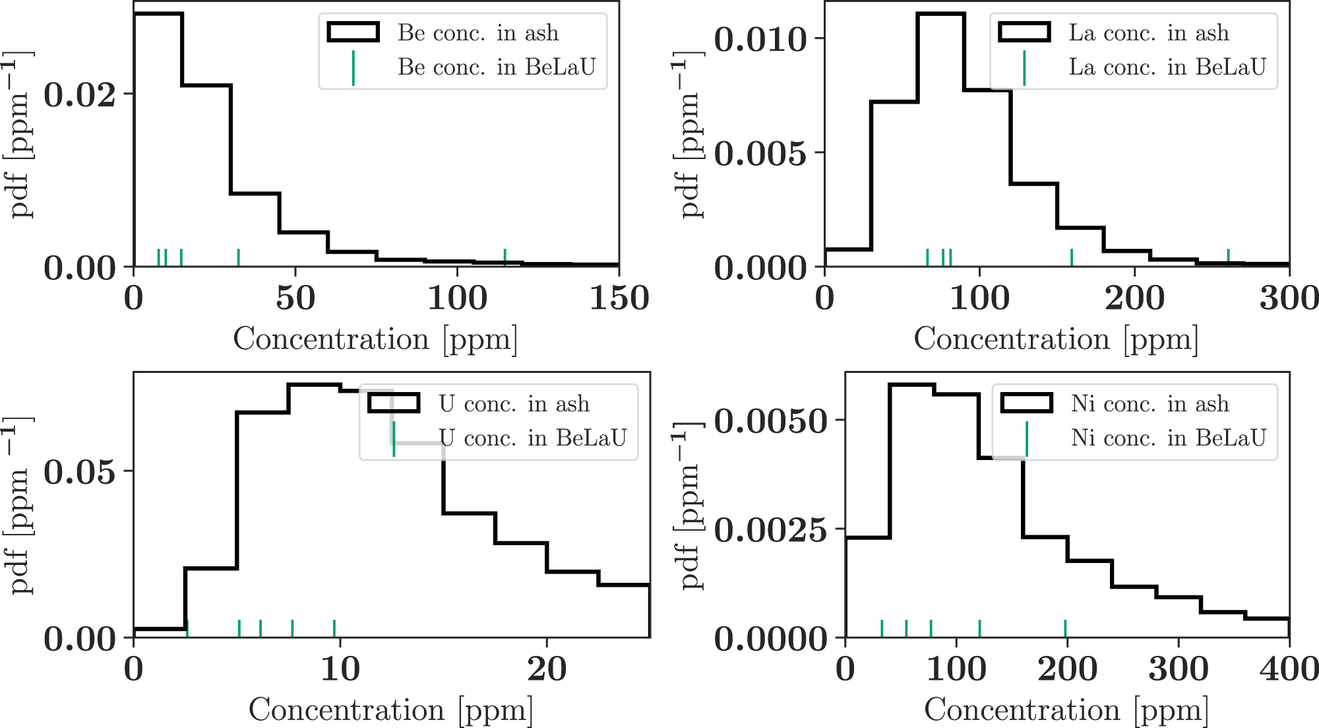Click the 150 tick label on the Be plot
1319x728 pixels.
click(x=619, y=298)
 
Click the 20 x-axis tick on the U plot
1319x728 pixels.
click(x=547, y=669)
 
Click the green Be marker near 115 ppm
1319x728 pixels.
click(x=505, y=257)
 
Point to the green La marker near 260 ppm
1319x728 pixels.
click(x=1228, y=257)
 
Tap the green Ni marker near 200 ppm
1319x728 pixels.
click(x=1065, y=628)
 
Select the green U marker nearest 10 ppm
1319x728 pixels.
click(x=334, y=628)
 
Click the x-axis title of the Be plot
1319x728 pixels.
click(x=375, y=339)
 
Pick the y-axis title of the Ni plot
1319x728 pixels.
click(x=690, y=505)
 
